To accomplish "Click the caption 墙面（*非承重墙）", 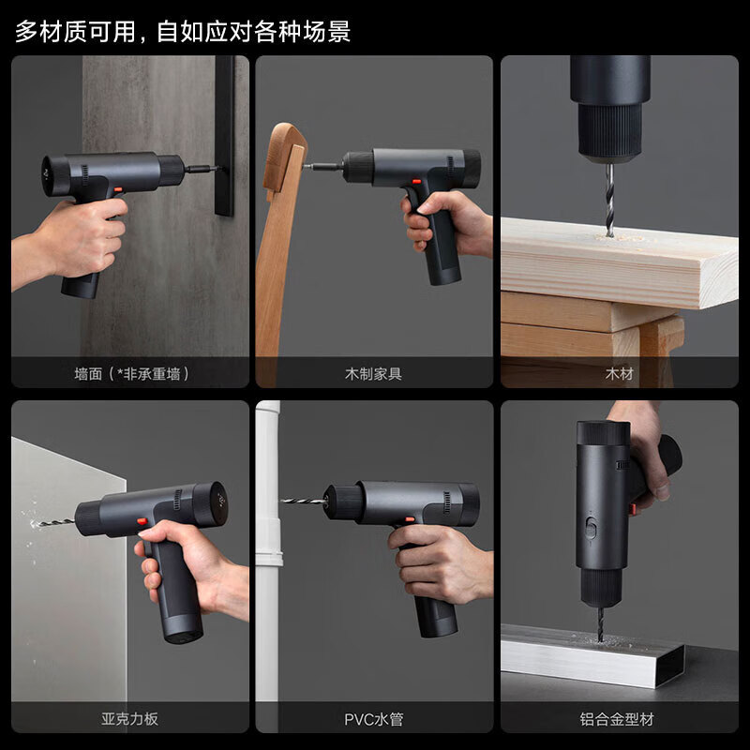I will pos(131,373).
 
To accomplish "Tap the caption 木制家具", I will pos(374,373).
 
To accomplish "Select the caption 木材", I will pos(619,373).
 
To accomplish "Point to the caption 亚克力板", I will pos(130,719).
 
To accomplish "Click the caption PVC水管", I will pos(374,719).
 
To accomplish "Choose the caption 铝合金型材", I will pos(619,719).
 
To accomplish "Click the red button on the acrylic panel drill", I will pos(142,521).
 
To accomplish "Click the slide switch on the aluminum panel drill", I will pos(592,524).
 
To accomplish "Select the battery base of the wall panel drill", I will pos(82,285).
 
